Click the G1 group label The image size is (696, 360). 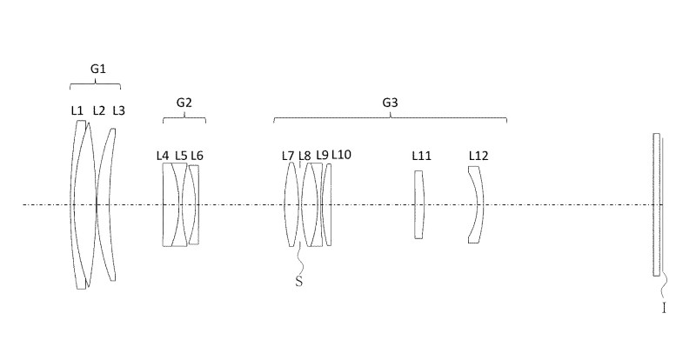tap(98, 69)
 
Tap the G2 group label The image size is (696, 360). tap(184, 103)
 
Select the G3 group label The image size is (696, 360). tap(390, 103)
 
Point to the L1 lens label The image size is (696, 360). tap(77, 110)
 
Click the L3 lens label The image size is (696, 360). tap(119, 110)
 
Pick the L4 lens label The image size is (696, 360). tap(163, 156)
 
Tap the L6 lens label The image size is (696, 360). tap(197, 156)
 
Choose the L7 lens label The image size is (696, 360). tap(288, 156)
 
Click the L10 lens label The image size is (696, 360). tap(341, 155)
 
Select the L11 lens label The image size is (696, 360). tap(422, 156)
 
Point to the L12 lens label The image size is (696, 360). tap(478, 156)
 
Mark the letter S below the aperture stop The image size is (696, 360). tap(299, 282)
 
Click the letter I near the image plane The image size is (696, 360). tap(664, 308)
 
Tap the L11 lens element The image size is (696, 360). tap(419, 204)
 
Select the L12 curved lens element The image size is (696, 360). tap(476, 204)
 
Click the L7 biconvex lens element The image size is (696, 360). tap(291, 204)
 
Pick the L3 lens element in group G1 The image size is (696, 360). tap(107, 204)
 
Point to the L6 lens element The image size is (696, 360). tap(193, 204)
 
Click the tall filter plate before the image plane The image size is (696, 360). tap(657, 204)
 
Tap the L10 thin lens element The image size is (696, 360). tap(327, 204)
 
